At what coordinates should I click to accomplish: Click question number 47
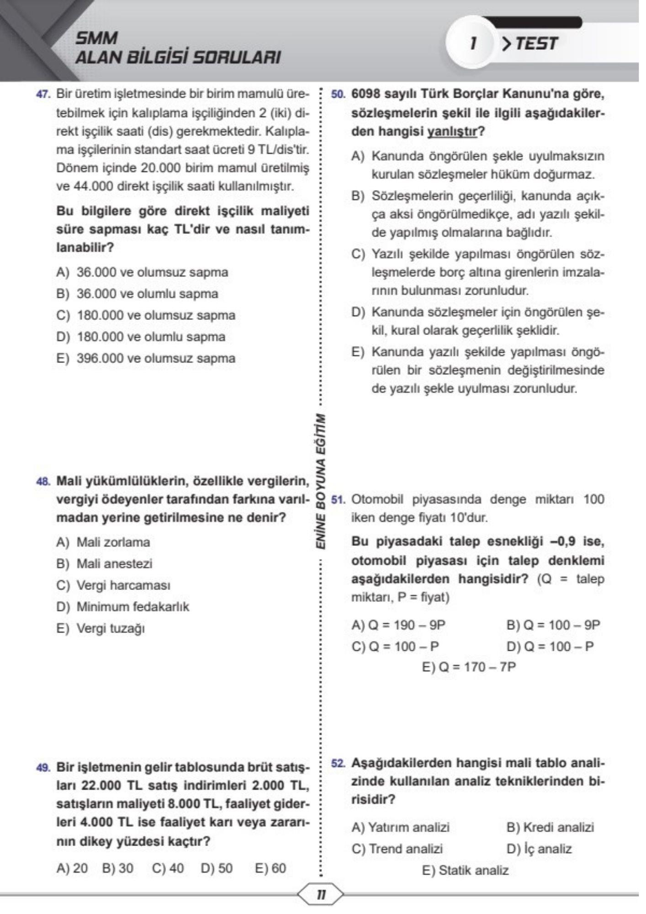(x=42, y=95)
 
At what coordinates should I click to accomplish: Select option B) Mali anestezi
(x=104, y=564)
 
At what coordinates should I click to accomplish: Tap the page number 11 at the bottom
(x=321, y=894)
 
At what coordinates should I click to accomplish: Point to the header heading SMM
(x=96, y=38)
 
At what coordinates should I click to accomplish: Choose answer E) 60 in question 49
(x=270, y=868)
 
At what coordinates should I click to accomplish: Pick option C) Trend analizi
(x=397, y=849)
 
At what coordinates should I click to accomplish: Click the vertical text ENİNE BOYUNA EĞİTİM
(x=321, y=482)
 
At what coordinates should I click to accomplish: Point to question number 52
(x=337, y=764)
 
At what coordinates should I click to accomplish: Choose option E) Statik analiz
(x=465, y=870)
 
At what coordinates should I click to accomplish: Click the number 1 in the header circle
(x=473, y=44)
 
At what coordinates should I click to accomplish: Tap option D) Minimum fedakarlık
(x=122, y=607)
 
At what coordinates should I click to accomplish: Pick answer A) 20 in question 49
(x=72, y=868)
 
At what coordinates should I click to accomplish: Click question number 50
(x=337, y=95)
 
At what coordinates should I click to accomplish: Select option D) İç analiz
(x=539, y=849)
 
